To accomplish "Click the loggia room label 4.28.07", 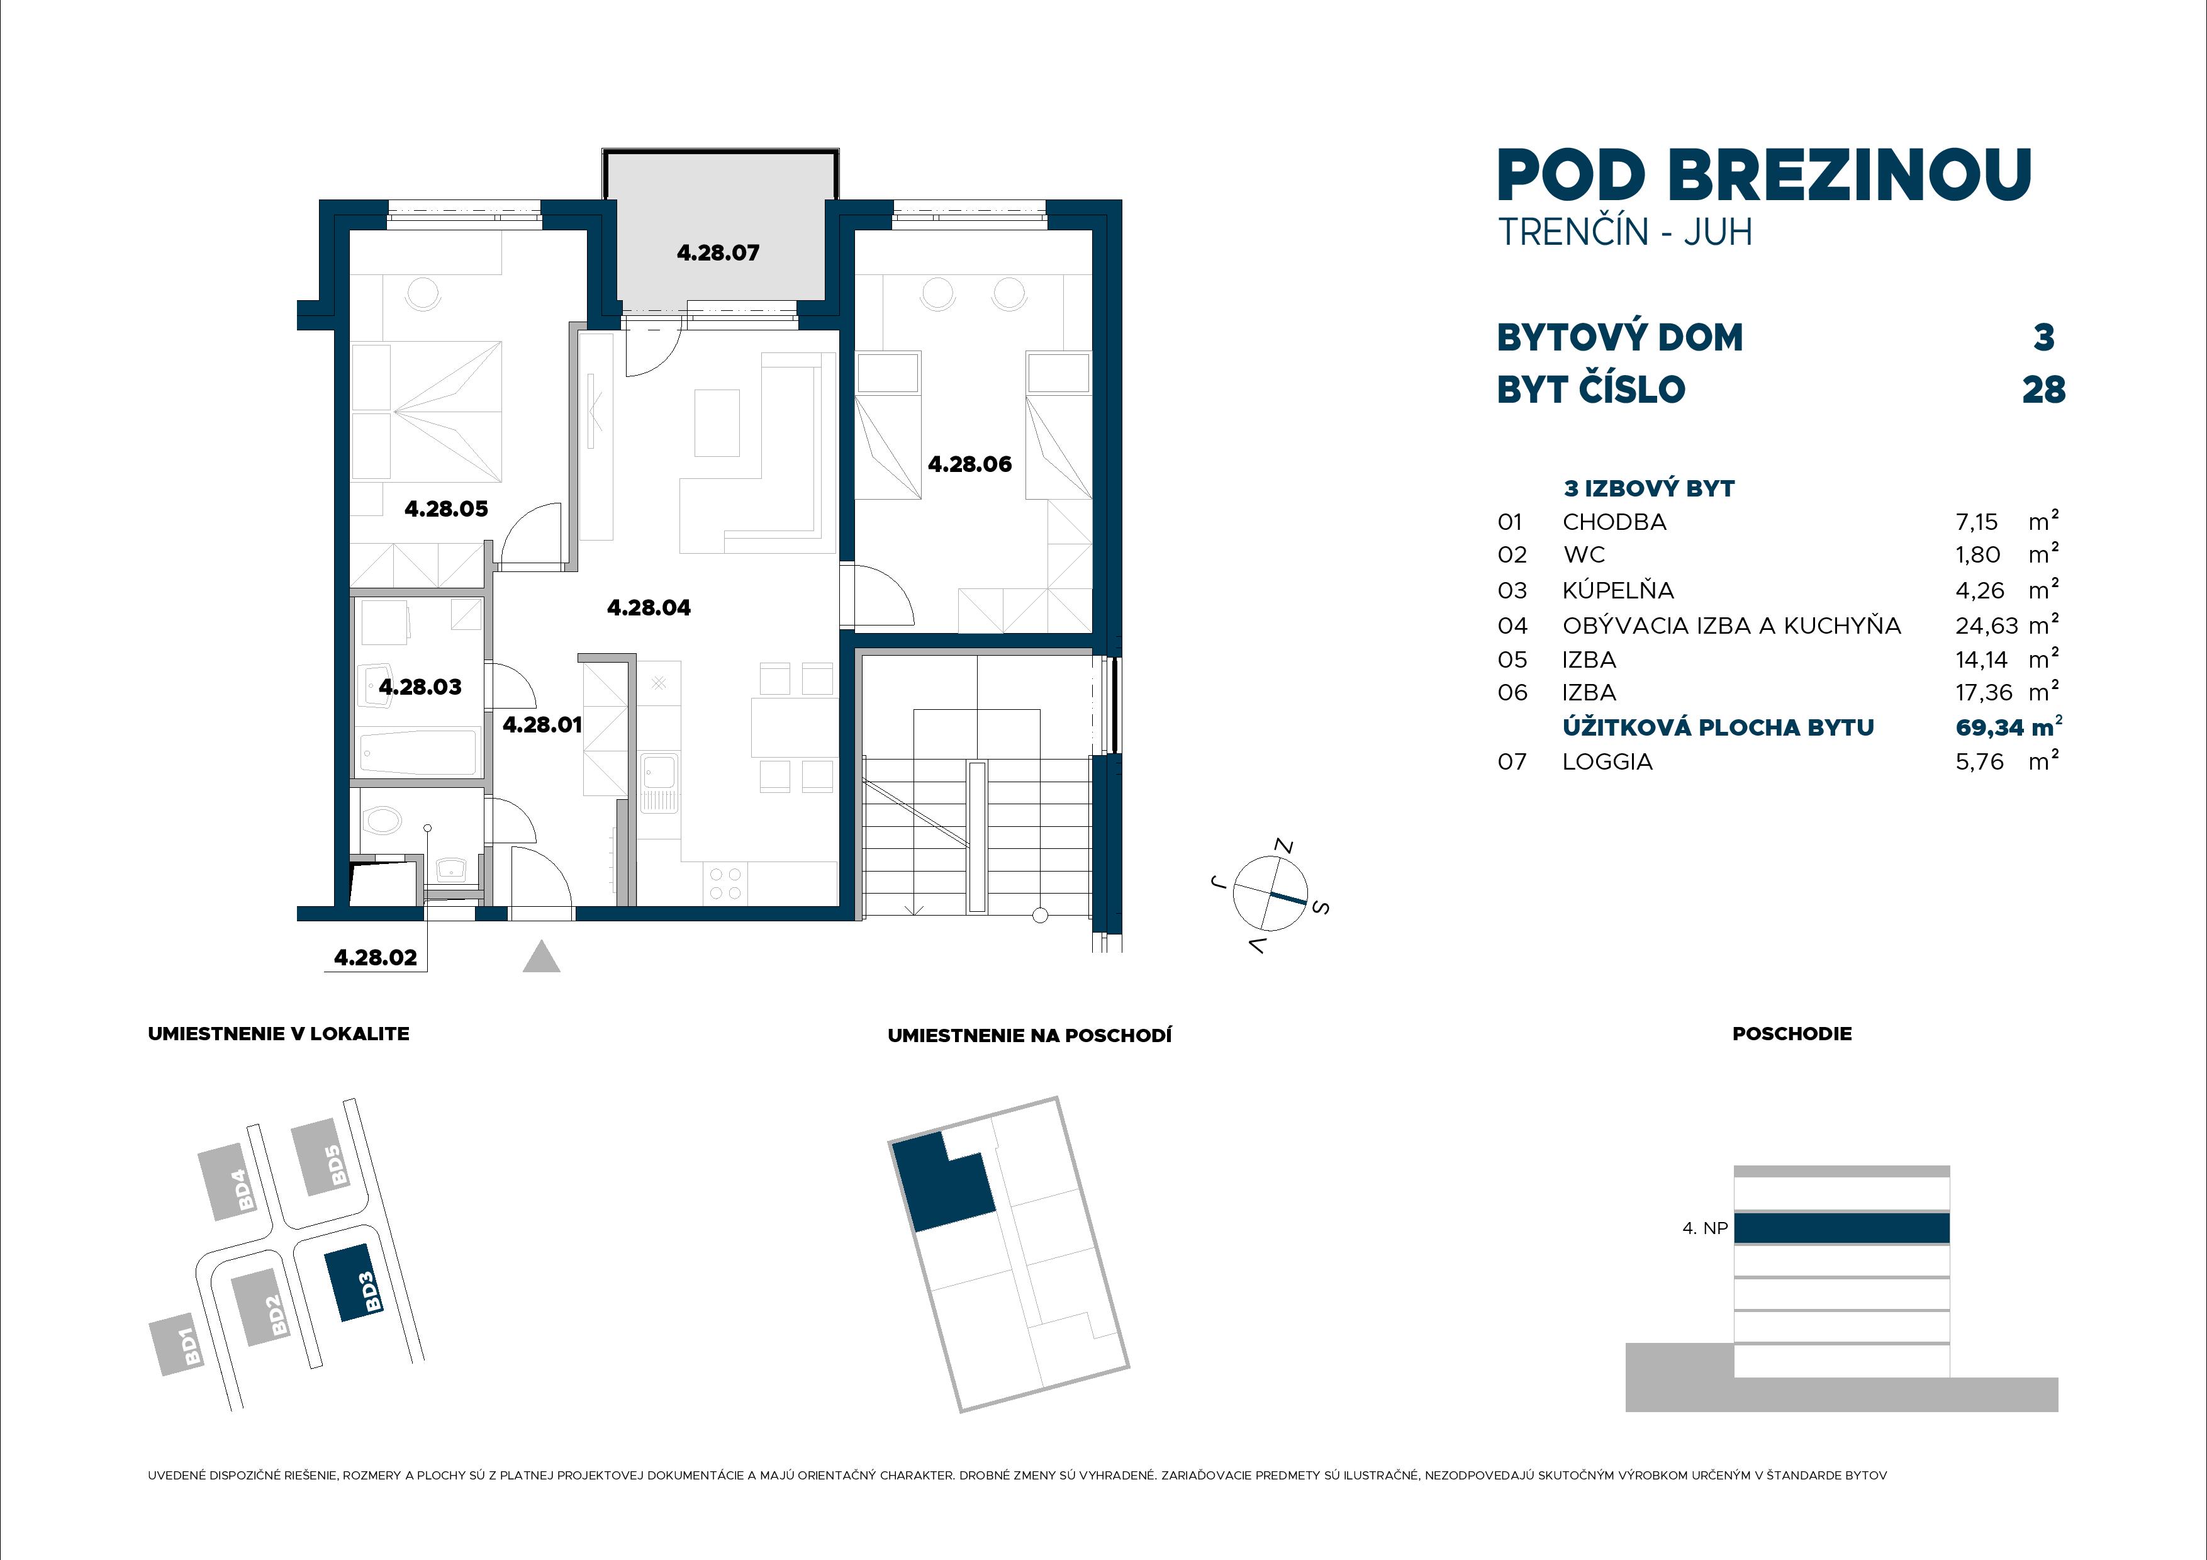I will pos(718,253).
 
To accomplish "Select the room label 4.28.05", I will pos(446,508).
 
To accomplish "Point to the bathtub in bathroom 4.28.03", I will pos(418,753).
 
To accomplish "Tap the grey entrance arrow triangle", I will pos(541,957).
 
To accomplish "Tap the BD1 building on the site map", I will pos(181,1345).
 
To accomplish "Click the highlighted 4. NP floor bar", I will pos(1841,1228).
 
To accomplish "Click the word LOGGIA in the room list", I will pos(1607,762).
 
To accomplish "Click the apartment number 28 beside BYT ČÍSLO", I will pos(2043,390).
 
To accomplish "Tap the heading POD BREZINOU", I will pos(1764,176).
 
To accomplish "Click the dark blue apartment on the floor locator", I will pos(942,1183).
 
